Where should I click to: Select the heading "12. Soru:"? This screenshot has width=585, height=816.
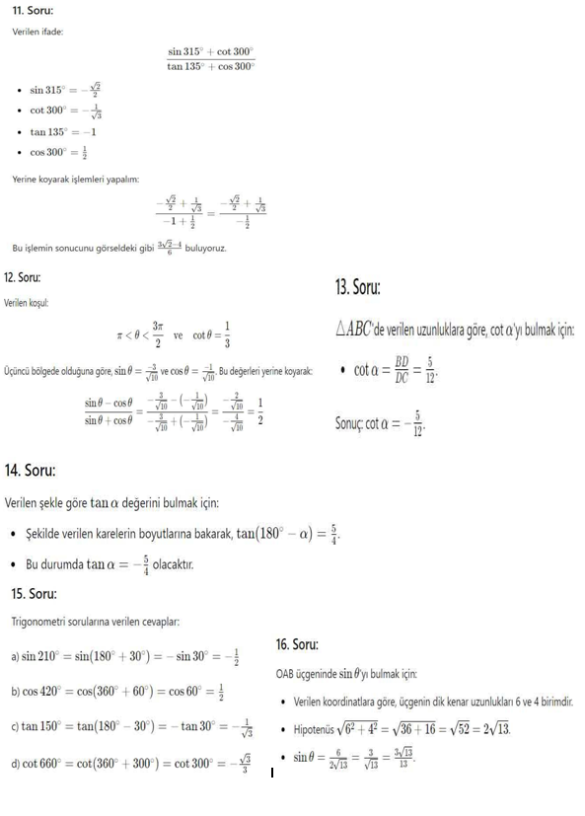[29, 278]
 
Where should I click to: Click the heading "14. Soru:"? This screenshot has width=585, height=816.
[31, 470]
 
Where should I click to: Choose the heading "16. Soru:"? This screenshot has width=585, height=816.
[297, 644]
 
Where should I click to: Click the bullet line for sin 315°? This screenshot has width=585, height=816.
[68, 89]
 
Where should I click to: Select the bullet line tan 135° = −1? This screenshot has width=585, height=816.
[63, 131]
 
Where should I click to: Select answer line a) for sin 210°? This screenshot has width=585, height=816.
[125, 656]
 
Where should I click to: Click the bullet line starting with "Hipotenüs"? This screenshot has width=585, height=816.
[401, 731]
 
